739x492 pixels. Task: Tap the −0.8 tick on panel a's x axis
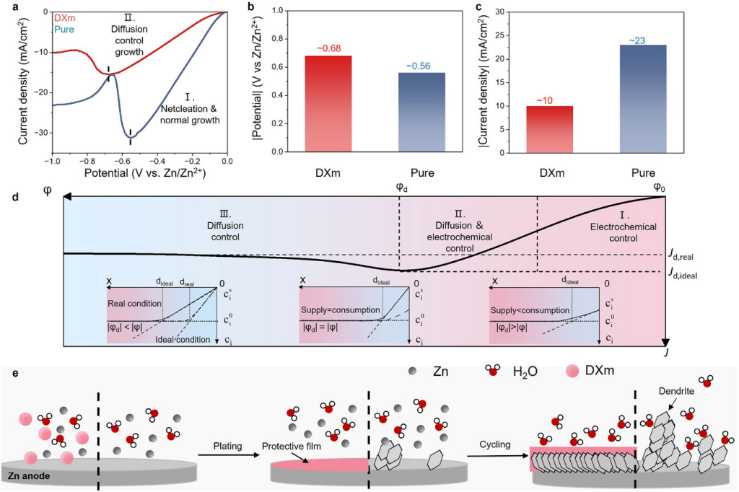click(x=87, y=162)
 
